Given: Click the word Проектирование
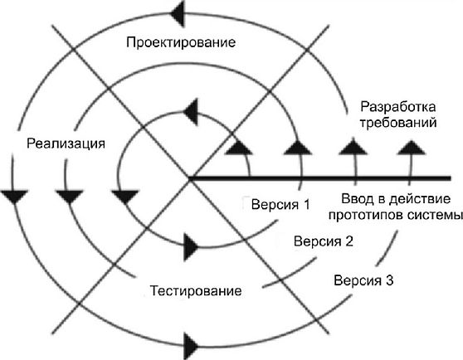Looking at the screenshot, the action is point(181,42).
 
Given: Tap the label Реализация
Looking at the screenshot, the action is point(66,144).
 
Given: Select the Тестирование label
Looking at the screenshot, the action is point(196,290).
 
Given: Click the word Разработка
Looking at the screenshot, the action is point(398,107).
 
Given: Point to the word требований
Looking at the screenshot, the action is point(398,123).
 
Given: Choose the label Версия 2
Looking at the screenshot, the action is point(324,241).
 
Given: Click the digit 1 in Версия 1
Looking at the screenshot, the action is point(306,204).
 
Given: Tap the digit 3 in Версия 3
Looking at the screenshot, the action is point(390,280).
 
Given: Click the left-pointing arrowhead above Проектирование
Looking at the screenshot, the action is point(178,13).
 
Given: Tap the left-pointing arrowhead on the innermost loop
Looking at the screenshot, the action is point(191,112).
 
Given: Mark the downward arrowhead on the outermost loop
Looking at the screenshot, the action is point(14,197).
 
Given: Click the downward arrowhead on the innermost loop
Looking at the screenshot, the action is point(125,197).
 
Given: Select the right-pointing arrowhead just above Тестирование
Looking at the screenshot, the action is point(191,247).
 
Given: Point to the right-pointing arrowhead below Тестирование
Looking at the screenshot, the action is point(191,346).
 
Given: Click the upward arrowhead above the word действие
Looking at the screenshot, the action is point(411,148).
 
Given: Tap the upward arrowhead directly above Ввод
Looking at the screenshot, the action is point(353,148).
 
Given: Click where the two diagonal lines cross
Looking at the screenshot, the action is point(191,179).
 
